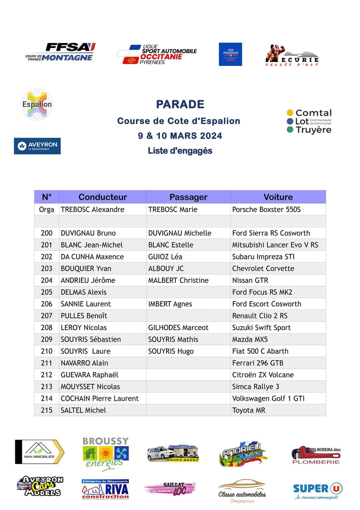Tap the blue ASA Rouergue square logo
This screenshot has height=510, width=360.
pos(230,54)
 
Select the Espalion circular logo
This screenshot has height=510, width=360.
pos(37,104)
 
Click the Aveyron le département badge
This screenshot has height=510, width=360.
pos(37,146)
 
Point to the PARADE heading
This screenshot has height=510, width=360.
pos(180,104)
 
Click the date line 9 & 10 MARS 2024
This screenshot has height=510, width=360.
pos(180,136)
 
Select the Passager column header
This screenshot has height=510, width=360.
pos(188,197)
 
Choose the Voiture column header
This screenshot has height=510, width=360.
pos(278,197)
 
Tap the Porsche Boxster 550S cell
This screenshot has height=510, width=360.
pos(266,209)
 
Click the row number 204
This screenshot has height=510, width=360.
pos(47,281)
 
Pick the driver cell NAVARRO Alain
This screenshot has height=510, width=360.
pos(84,363)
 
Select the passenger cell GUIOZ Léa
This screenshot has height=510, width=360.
pos(165,257)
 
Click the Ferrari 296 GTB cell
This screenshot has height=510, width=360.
pos(258,363)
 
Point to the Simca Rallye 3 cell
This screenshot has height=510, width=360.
pos(256,387)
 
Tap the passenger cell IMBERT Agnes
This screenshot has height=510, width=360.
pos(170,304)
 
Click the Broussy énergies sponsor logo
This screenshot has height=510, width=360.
pos(105,454)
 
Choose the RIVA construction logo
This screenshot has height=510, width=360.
pos(105,489)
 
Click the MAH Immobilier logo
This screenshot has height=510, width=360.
pos(40,452)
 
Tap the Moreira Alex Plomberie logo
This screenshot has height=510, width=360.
pos(316,455)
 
